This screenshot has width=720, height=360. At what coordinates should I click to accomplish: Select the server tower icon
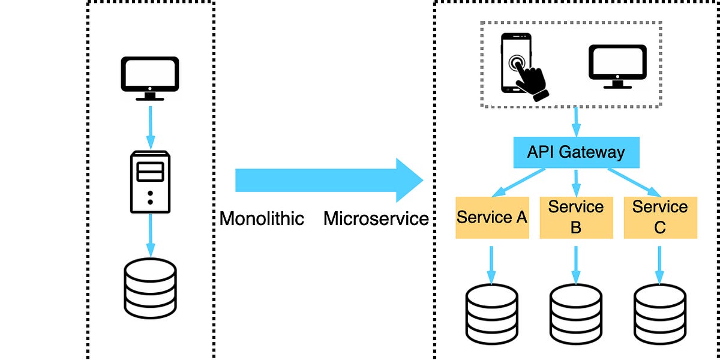coord(150,181)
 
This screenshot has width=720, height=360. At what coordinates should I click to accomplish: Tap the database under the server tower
coord(150,288)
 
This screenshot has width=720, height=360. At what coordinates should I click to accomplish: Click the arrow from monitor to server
coord(150,127)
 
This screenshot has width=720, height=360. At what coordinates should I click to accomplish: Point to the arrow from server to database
coord(150,235)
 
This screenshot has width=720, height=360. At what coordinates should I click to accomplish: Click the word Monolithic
coord(262,218)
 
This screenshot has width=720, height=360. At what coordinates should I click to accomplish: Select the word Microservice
coord(376,218)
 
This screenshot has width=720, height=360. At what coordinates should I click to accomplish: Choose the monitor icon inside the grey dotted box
coord(617,66)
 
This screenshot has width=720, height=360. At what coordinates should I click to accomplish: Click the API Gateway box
coord(576,152)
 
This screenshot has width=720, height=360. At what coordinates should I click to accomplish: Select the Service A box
coord(492,217)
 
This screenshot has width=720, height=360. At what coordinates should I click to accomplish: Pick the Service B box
coord(576,217)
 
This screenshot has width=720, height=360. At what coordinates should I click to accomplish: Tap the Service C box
coord(660,217)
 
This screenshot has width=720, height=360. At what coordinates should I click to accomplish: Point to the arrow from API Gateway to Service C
coord(635,182)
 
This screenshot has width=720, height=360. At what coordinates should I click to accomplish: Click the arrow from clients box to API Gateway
coord(576,121)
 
